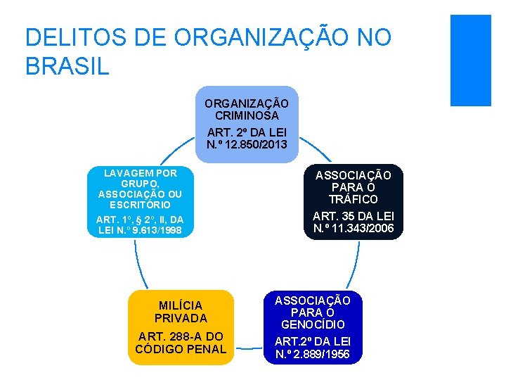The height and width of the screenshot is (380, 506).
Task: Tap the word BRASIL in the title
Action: pyautogui.click(x=67, y=66)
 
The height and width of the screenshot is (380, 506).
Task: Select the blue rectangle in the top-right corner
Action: pyautogui.click(x=470, y=60)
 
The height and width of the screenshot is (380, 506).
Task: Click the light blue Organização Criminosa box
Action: pyautogui.click(x=247, y=124)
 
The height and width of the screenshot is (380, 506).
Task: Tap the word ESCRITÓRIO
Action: pyautogui.click(x=139, y=205)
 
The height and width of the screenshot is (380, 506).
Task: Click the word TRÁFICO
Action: pyautogui.click(x=354, y=199)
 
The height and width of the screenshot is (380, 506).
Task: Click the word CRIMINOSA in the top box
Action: pyautogui.click(x=247, y=115)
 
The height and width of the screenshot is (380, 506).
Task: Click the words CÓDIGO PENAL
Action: pyautogui.click(x=181, y=349)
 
